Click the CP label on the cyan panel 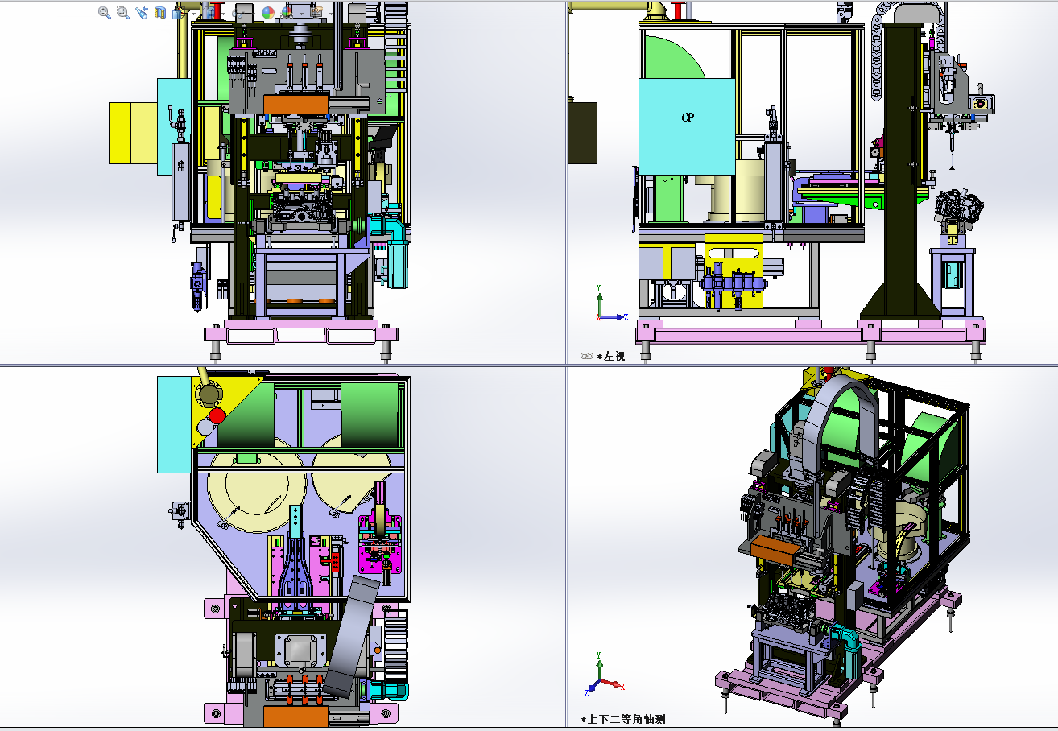click(x=688, y=117)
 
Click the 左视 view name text click(x=614, y=356)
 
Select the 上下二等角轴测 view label click(x=626, y=719)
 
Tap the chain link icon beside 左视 click(x=587, y=356)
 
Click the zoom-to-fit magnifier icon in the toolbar click(x=105, y=13)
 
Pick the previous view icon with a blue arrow click(x=141, y=13)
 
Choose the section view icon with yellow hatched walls click(x=160, y=13)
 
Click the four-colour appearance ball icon click(x=268, y=13)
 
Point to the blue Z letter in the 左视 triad click(x=626, y=317)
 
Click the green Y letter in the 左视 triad click(x=598, y=288)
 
